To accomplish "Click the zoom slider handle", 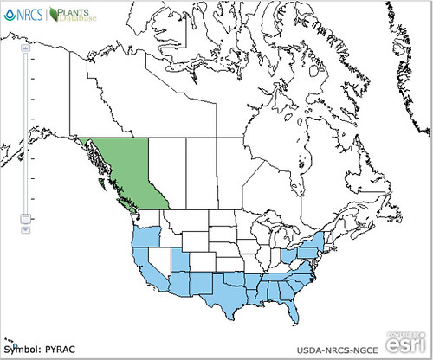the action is point(26,219).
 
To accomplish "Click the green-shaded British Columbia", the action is point(130,173).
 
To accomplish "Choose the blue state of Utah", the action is point(180,262).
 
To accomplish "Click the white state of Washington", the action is point(147,220).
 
